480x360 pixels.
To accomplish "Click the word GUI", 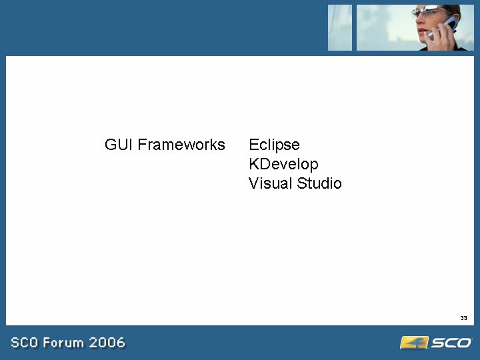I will point(119,145).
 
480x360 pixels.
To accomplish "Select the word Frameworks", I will point(181,145).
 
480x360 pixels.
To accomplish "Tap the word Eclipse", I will point(274,145).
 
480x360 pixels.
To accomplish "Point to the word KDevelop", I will point(283,164).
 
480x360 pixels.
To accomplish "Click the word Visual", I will point(271,183).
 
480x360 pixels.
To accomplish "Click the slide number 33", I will point(463,318).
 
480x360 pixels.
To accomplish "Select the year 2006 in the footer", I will point(107,343).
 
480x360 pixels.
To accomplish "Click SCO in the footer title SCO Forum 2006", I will point(25,343).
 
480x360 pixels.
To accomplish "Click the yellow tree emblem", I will point(413,343).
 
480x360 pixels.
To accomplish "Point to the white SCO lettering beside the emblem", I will point(451,343).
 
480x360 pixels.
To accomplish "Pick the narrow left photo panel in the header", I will point(340,27).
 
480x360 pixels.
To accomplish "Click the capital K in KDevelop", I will point(254,164).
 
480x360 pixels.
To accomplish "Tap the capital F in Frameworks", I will point(142,145).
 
